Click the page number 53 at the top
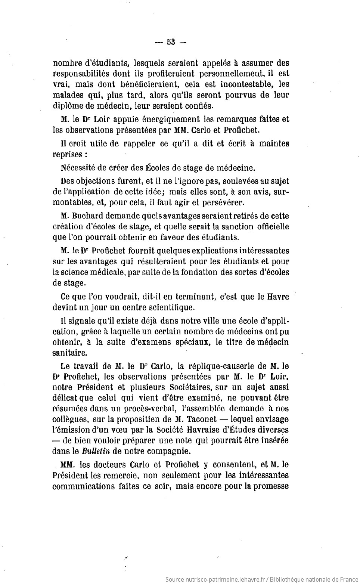tap(171, 42)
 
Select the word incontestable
tap(244, 84)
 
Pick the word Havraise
tap(220, 430)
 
